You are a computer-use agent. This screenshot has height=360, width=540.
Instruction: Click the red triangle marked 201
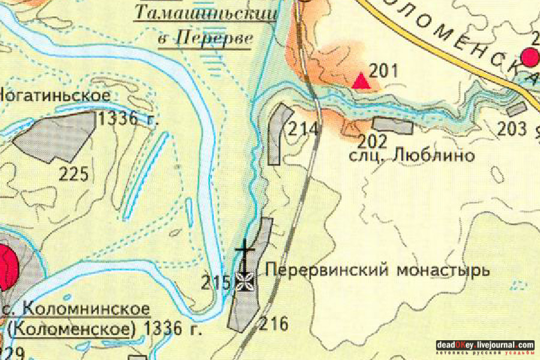tap(361, 80)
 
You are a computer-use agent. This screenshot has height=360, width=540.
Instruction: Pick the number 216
tap(274, 325)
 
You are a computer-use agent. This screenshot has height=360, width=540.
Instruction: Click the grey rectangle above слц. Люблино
tap(393, 125)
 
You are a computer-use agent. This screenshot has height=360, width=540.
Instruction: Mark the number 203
tap(512, 129)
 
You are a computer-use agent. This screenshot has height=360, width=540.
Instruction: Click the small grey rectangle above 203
tap(516, 110)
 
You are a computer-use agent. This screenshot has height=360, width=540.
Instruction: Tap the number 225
tap(74, 175)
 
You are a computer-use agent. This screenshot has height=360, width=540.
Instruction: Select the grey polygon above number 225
tap(57, 137)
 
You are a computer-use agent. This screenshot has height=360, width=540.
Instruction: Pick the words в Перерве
tap(205, 38)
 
